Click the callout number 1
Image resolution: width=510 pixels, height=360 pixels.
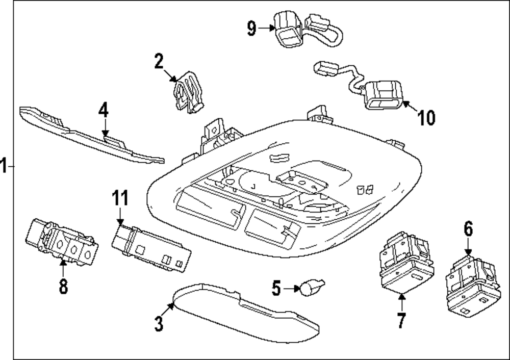point(4,166)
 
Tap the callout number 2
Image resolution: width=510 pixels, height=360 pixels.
point(159,62)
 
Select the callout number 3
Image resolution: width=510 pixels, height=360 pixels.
point(159,323)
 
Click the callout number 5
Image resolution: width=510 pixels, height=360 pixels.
point(276,289)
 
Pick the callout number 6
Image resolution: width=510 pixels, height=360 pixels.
point(468,229)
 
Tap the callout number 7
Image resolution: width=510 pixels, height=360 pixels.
point(401,320)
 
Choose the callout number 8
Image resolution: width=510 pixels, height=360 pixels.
point(63,286)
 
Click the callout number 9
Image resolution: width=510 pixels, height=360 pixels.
point(251,28)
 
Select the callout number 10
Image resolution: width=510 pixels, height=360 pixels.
point(426,118)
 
